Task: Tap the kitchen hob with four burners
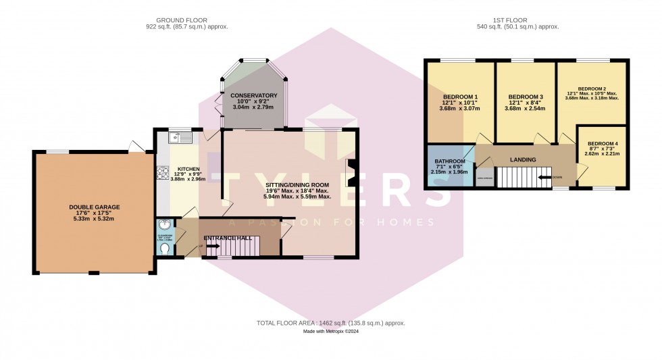pos(163,174)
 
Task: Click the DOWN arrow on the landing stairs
pos(544,178)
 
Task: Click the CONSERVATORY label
pos(253,96)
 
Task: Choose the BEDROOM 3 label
pos(526,97)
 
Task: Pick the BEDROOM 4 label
pos(602,144)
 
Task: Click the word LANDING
pos(523,160)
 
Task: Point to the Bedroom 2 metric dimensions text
pos(592,98)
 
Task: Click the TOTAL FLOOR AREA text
pos(330,324)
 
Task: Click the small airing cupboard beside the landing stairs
pos(484,178)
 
